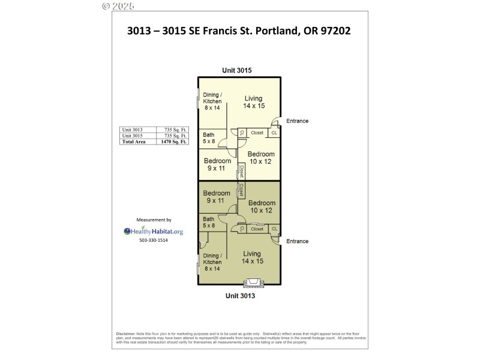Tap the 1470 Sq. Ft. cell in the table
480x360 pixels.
click(x=170, y=142)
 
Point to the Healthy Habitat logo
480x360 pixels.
click(x=154, y=231)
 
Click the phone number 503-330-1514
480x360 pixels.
click(x=154, y=241)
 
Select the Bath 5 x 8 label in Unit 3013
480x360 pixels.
click(x=209, y=223)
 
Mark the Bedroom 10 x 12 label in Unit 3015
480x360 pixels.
click(x=261, y=158)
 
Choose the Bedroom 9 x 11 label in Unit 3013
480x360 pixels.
click(x=217, y=197)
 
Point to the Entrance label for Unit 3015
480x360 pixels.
click(x=297, y=121)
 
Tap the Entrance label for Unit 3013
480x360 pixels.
click(x=297, y=241)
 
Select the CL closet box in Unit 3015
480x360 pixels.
click(x=274, y=133)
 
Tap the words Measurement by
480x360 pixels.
click(x=154, y=220)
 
